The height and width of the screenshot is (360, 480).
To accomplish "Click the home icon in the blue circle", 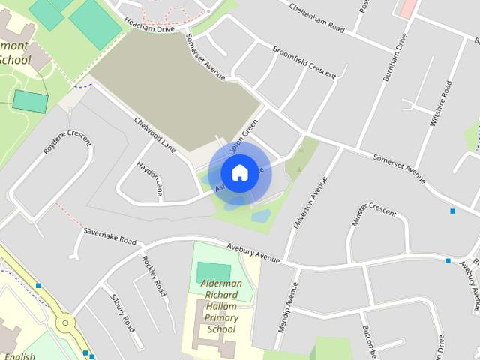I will coord(239,173).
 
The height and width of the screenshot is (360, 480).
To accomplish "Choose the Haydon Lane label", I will coord(150,178).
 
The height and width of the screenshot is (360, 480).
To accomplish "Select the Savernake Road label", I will coord(109,236).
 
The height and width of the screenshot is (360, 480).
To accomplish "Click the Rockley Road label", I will coord(154,275).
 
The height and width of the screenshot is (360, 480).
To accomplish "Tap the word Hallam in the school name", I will coord(222,306).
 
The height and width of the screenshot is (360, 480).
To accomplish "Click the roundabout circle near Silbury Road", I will coord(66,323).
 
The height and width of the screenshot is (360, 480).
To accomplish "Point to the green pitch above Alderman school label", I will coord(214,271).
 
